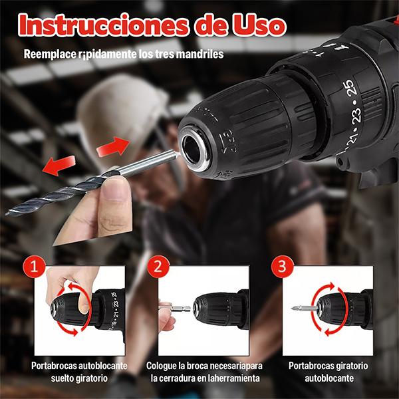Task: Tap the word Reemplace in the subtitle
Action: [51, 55]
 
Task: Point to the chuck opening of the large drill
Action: [195, 147]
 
